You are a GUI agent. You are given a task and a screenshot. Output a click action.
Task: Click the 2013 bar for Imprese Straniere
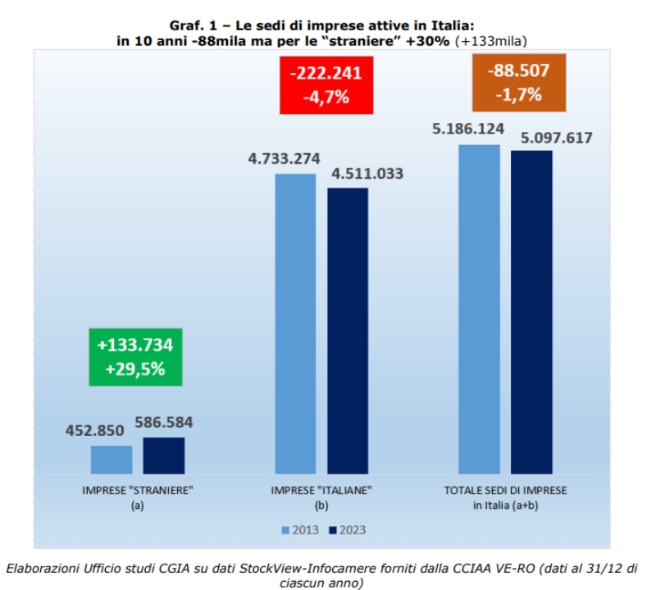tap(112, 459)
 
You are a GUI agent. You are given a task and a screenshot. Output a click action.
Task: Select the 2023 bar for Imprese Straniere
tap(164, 455)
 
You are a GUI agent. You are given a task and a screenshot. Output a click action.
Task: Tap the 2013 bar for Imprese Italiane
tap(295, 323)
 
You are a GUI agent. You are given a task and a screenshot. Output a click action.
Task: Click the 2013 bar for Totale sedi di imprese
tap(479, 309)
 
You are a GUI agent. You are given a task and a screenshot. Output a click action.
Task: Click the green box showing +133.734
tap(135, 356)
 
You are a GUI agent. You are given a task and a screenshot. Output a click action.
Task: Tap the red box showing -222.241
tap(326, 84)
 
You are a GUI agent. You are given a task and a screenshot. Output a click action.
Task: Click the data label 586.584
tap(163, 423)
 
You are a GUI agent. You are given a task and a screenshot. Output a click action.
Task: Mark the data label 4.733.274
tap(284, 158)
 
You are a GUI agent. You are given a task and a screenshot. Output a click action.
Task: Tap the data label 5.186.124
tap(467, 129)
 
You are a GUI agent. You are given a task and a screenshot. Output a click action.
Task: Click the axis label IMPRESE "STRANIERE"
tap(137, 490)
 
